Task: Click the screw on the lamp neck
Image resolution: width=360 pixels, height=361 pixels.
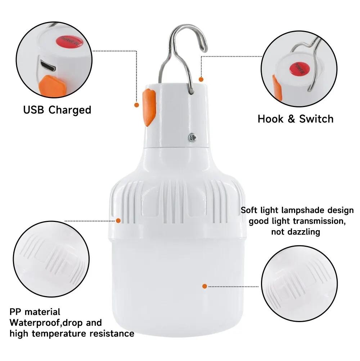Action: [192, 137]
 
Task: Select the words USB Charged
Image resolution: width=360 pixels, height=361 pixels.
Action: [57, 110]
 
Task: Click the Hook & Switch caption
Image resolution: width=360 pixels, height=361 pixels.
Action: [295, 119]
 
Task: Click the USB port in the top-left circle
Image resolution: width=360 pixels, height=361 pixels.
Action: [47, 66]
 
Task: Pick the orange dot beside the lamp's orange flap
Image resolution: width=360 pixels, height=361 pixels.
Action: [136, 105]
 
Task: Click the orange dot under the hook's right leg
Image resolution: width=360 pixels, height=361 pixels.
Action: [201, 79]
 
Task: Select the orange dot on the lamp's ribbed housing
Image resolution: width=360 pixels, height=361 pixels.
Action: [118, 220]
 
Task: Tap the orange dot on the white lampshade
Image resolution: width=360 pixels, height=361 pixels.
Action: [204, 286]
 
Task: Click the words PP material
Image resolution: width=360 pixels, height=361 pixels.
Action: [35, 312]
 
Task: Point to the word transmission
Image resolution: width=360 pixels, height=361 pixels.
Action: [317, 221]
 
